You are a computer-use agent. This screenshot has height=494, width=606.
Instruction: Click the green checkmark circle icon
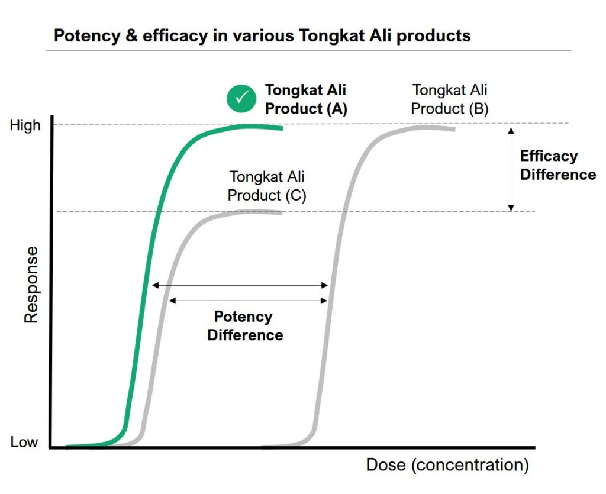click(241, 98)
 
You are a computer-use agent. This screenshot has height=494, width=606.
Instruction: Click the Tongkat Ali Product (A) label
click(306, 99)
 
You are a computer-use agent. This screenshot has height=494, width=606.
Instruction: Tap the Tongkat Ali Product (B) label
click(450, 99)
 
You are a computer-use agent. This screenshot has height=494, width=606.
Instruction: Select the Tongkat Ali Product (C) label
click(267, 186)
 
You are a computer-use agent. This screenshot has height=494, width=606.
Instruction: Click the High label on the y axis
click(25, 125)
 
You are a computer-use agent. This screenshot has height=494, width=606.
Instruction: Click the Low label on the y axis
click(24, 442)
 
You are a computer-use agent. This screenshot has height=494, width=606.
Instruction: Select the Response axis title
click(31, 285)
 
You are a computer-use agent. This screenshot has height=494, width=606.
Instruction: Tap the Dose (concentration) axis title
click(447, 464)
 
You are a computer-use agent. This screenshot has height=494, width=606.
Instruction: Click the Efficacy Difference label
click(557, 165)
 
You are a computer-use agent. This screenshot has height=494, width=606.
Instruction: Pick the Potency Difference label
click(245, 325)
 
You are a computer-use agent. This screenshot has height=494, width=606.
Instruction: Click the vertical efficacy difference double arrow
click(511, 169)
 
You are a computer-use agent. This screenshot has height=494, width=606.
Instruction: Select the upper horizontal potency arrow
click(240, 285)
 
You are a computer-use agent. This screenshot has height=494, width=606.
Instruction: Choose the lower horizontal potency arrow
click(248, 301)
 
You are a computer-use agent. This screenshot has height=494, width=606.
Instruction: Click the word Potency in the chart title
click(87, 36)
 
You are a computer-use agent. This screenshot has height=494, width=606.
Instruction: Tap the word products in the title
click(434, 36)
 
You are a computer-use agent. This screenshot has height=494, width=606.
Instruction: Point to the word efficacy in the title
click(175, 36)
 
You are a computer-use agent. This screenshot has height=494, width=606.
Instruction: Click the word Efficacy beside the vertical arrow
click(549, 156)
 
